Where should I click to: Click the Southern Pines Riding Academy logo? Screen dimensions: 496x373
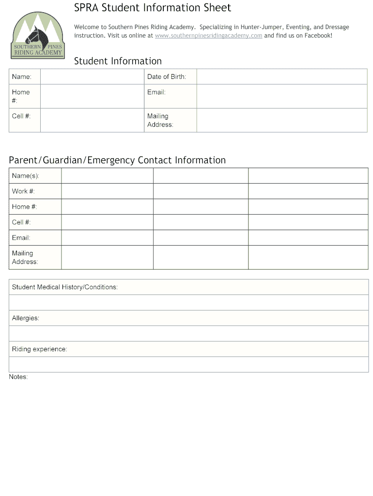pos(37,36)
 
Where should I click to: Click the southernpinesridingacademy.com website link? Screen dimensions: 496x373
pos(208,36)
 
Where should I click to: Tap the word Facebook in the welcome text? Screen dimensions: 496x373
pos(318,36)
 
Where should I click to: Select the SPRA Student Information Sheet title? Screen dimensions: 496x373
pos(152,8)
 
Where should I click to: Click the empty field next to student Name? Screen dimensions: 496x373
pos(93,77)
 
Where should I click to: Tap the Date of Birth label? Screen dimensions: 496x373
pos(166,77)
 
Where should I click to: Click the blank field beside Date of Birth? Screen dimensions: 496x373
pos(281,77)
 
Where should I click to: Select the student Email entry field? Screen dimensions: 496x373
pos(281,96)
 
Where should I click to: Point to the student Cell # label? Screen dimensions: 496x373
pos(21,116)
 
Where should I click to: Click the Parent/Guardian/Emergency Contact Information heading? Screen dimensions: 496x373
pos(117,160)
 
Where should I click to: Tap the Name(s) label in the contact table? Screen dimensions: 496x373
pos(25,176)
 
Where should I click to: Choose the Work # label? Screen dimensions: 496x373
pos(23,191)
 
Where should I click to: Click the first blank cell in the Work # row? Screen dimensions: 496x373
pos(107,191)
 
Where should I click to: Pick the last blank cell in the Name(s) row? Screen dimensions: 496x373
pos(308,176)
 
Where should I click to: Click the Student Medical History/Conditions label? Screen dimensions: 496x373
pos(64,287)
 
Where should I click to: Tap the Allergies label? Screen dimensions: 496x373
pos(26,318)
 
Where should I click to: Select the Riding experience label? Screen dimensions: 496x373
pos(39,349)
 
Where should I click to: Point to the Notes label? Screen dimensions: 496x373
pos(18,377)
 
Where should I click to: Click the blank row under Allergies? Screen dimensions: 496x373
pos(188,333)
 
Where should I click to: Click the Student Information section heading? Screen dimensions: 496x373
pos(118,61)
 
